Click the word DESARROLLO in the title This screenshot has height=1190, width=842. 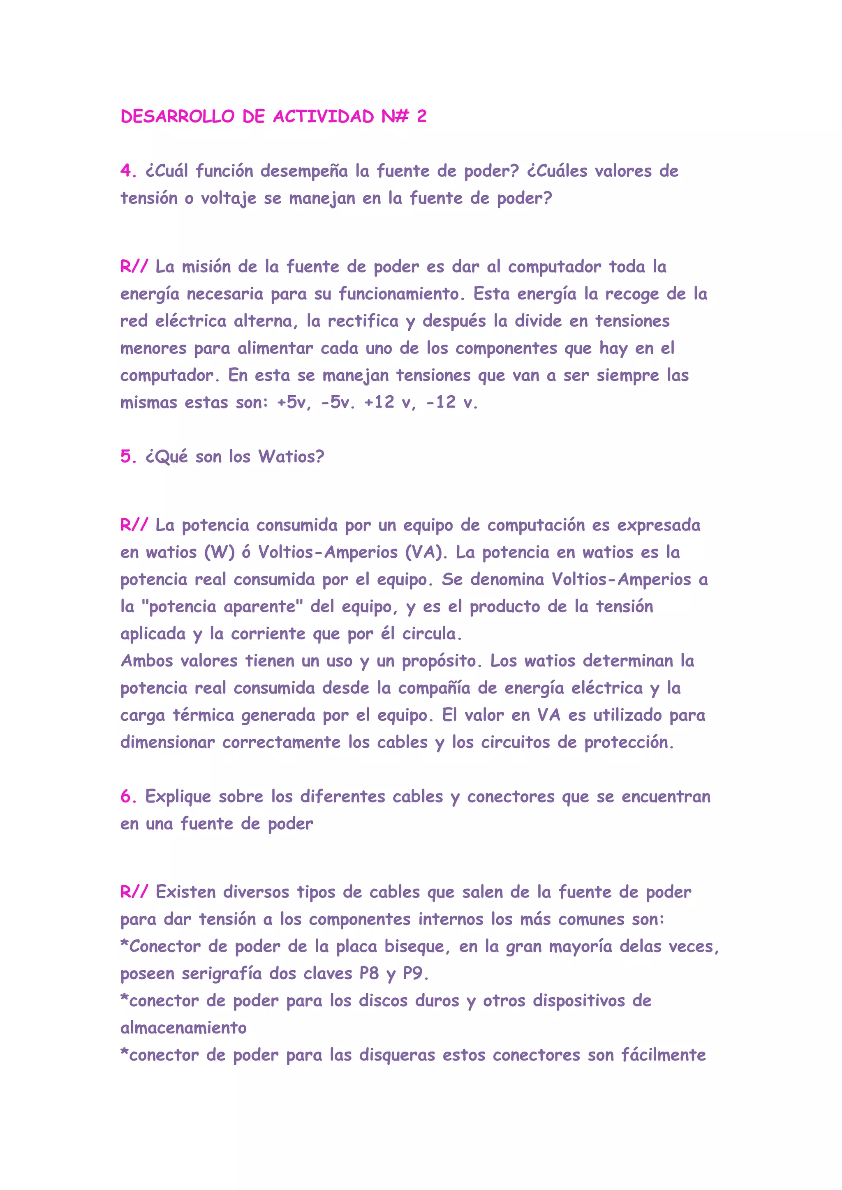pos(177,117)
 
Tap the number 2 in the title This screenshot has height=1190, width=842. pos(421,117)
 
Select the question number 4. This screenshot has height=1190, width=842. pos(125,171)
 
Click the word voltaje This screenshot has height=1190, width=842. pos(229,198)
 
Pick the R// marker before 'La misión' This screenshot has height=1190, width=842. pos(134,267)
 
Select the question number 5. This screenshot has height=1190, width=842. pos(125,457)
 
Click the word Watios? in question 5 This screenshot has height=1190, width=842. pos(291,457)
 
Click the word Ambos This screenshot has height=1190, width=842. pos(147,661)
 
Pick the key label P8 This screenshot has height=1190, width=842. pos(369,974)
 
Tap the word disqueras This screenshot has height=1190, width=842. pos(397,1055)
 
